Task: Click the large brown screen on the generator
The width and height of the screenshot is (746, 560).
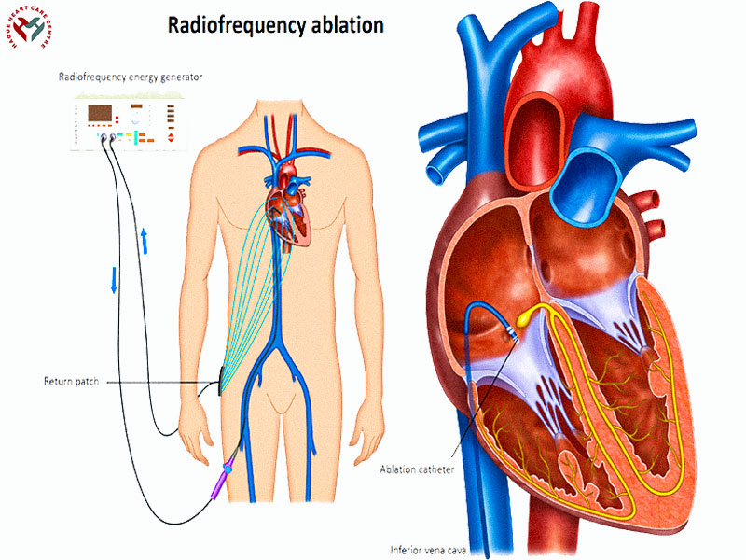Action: pyautogui.click(x=100, y=115)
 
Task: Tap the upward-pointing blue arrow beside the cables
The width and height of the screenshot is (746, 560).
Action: pyautogui.click(x=145, y=239)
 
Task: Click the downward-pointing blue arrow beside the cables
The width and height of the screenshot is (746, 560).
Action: pyautogui.click(x=114, y=280)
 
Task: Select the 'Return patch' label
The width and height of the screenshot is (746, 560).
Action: pyautogui.click(x=71, y=382)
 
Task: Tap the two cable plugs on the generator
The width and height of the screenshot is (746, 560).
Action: pyautogui.click(x=107, y=138)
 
